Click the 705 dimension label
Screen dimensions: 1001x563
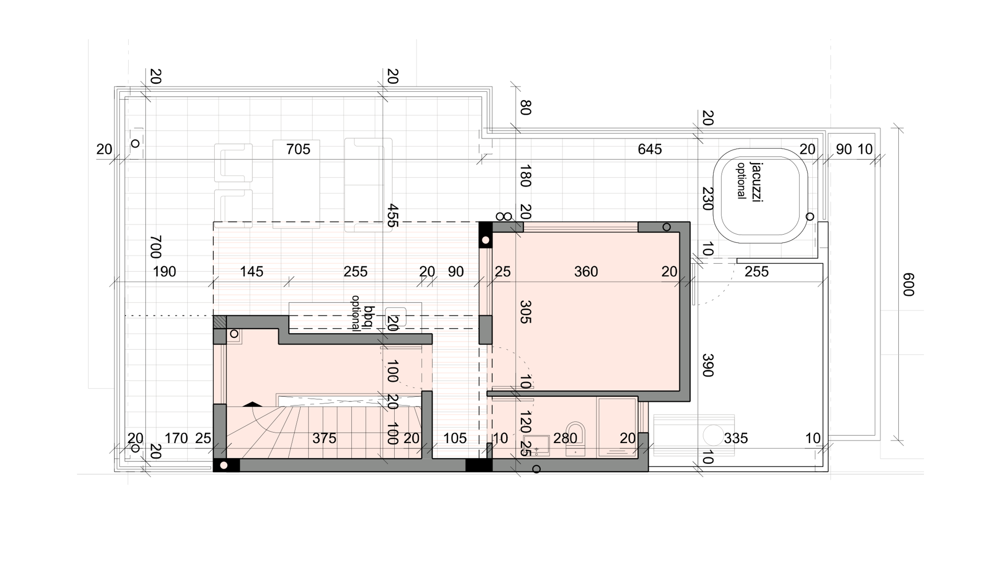tap(298, 150)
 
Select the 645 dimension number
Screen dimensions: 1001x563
tap(650, 150)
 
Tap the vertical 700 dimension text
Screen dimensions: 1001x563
tap(155, 247)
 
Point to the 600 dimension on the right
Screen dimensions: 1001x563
tap(908, 285)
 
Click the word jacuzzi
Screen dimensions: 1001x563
tap(756, 182)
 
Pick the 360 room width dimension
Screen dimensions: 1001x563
tap(586, 272)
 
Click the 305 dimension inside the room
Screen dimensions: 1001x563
tap(526, 312)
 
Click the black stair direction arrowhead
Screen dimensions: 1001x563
tap(253, 403)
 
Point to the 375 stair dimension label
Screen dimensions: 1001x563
tap(324, 438)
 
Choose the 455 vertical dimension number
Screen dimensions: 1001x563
tap(393, 215)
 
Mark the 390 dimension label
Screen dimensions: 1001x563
tap(707, 365)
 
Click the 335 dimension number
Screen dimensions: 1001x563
tap(736, 438)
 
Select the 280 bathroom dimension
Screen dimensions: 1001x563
tap(565, 438)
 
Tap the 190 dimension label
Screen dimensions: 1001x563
tap(164, 272)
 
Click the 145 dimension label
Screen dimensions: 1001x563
tap(251, 272)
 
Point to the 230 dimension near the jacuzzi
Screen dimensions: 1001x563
tap(707, 199)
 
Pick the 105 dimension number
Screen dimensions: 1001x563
tap(455, 438)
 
